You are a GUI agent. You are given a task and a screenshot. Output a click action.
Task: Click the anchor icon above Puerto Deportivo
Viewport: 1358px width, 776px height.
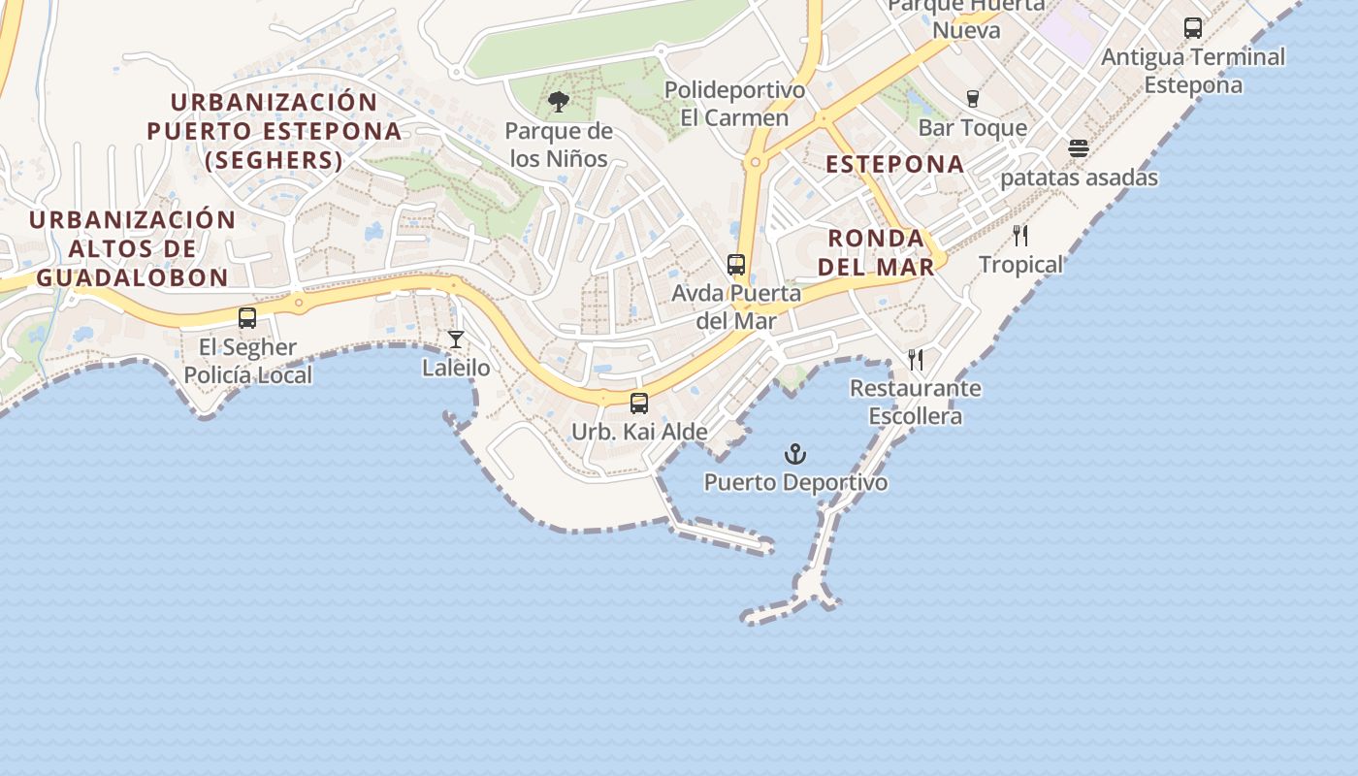tap(795, 454)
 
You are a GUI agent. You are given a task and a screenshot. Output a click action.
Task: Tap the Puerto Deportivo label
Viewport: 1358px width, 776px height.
tap(795, 482)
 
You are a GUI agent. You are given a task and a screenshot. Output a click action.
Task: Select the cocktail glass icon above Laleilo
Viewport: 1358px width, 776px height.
tap(456, 339)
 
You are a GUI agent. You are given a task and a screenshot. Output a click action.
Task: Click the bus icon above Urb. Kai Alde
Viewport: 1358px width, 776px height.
tap(639, 404)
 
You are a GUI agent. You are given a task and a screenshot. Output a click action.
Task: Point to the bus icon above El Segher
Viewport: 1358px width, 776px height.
tap(247, 318)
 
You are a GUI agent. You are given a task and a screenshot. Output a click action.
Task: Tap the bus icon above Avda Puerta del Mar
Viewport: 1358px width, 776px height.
tap(736, 265)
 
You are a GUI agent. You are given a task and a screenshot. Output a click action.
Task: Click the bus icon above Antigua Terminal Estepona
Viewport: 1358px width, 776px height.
tap(1193, 28)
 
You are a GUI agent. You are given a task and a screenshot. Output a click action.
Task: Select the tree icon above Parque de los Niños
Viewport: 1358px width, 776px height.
tap(558, 101)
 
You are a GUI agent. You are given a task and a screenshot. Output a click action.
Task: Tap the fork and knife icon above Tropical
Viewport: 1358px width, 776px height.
tap(1020, 236)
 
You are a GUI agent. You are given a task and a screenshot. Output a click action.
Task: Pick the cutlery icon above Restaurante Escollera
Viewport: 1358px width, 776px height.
tap(916, 360)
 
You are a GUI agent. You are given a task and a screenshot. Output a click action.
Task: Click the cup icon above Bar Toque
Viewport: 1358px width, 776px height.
tap(973, 99)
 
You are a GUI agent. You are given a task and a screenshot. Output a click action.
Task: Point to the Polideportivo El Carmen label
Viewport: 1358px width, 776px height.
tap(734, 104)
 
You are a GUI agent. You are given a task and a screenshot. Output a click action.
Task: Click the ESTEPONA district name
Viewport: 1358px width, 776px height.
tap(895, 164)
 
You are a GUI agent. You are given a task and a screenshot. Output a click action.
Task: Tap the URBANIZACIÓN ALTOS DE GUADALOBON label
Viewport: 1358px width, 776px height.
tap(132, 248)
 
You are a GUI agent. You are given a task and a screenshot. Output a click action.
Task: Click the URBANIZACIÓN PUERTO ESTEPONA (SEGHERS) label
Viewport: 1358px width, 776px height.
tap(274, 131)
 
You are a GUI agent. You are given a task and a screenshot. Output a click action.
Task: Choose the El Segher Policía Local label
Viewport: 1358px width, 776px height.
tap(248, 361)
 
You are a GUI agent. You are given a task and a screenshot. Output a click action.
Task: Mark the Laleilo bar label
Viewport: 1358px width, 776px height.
tap(456, 368)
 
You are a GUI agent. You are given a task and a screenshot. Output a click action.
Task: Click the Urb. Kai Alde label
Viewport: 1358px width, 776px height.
tap(639, 432)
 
